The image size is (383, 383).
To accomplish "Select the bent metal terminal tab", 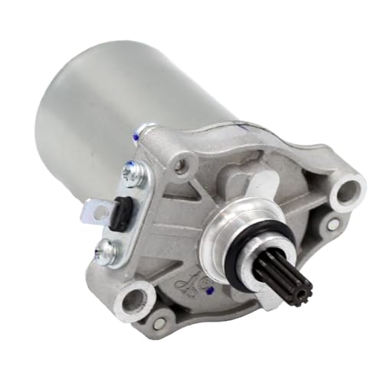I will pos(97,207).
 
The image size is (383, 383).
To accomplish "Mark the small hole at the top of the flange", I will pos(182,162).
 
